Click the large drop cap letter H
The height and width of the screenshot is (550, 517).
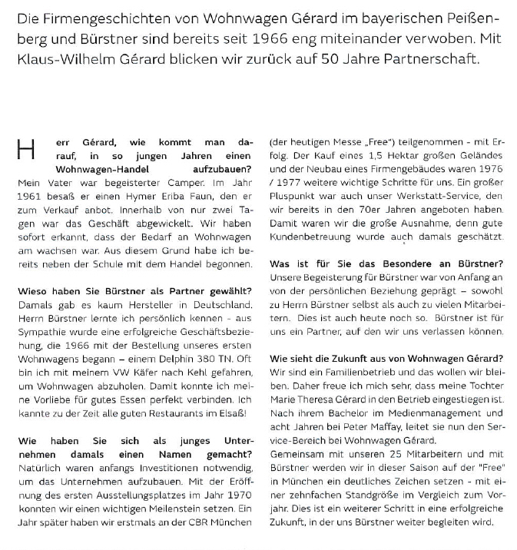click(x=26, y=150)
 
